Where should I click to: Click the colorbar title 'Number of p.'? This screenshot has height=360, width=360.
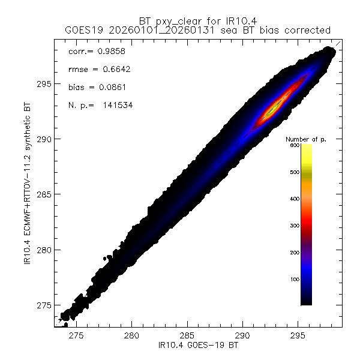pos(305,140)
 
